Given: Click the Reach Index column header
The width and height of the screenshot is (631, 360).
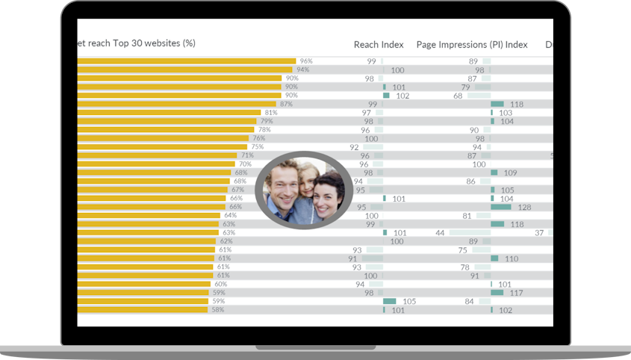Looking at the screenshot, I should point(379,45).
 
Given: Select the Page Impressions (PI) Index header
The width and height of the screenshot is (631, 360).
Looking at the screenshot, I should point(472,45).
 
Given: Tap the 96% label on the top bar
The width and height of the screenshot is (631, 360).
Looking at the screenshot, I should point(305,61).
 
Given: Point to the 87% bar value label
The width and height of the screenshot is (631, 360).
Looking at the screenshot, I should point(286,104).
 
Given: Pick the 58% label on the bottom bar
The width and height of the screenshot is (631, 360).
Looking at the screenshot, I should point(217,309).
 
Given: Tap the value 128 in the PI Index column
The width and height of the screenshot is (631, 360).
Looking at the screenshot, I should point(524,207).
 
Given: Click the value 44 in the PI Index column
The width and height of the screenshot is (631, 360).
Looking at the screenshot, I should point(441,233).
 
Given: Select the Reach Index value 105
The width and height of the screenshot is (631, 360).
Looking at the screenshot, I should point(408,301).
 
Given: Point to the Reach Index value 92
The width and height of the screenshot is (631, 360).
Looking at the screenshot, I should point(354,147).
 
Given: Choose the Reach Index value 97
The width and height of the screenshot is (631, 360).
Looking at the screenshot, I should point(367,113).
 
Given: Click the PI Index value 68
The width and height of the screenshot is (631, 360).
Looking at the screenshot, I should point(458,96).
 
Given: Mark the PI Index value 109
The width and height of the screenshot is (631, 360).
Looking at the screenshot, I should point(510,173).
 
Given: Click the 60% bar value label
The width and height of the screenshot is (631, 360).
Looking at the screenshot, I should point(221,284).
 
